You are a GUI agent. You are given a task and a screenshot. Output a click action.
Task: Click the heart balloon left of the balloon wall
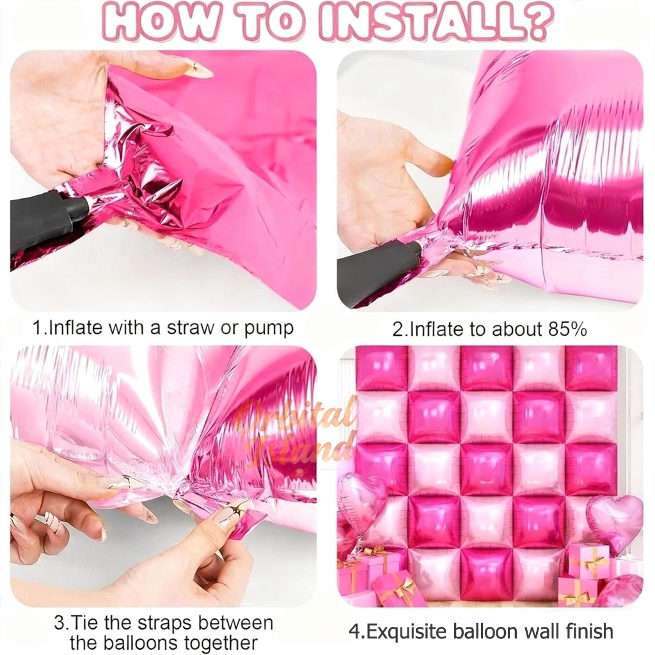[x=360, y=498]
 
